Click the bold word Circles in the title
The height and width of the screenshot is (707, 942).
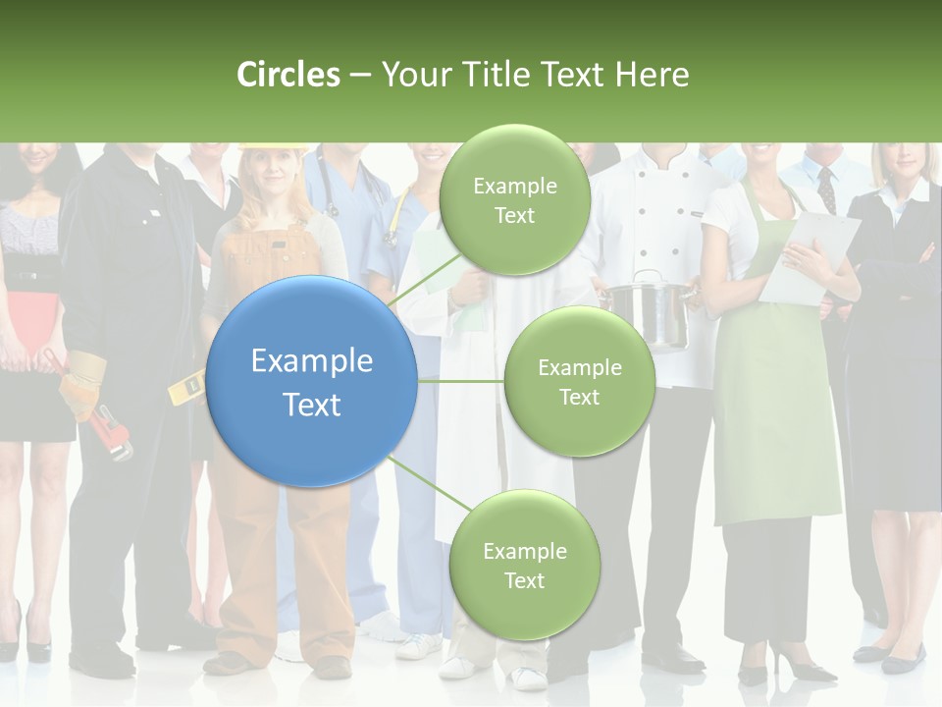(288, 75)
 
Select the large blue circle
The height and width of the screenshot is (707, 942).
(312, 381)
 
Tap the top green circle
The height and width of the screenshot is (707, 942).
(514, 199)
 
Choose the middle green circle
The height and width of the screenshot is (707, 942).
(579, 381)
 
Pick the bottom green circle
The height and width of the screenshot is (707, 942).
(524, 565)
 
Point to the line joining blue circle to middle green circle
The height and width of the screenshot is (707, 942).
(460, 381)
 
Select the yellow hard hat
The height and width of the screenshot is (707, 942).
(271, 148)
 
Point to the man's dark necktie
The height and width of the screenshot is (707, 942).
(826, 190)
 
